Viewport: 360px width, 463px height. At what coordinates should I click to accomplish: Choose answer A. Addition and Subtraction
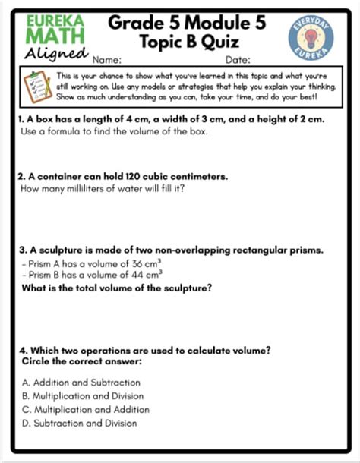click(81, 382)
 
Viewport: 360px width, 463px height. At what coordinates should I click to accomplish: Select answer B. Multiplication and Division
click(83, 395)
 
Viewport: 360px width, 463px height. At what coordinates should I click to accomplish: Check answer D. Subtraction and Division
click(80, 423)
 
